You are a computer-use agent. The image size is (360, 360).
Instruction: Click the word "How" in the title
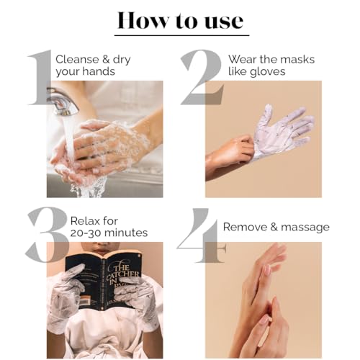pyautogui.click(x=143, y=20)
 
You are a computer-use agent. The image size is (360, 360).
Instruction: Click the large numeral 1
pyautogui.click(x=40, y=77)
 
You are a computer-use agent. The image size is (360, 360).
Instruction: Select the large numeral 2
pyautogui.click(x=202, y=77)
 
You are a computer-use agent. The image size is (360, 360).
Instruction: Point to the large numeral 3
pyautogui.click(x=46, y=235)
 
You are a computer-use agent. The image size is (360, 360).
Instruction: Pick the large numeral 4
pyautogui.click(x=201, y=235)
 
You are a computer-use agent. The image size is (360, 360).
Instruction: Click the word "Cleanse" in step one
pyautogui.click(x=77, y=59)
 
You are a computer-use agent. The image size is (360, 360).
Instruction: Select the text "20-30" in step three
pyautogui.click(x=86, y=233)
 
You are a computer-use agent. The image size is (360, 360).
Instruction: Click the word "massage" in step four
pyautogui.click(x=305, y=228)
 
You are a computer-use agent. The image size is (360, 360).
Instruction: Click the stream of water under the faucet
pyautogui.click(x=70, y=142)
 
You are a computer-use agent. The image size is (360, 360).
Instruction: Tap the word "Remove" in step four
pyautogui.click(x=245, y=227)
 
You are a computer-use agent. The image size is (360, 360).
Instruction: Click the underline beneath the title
pyautogui.click(x=181, y=35)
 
